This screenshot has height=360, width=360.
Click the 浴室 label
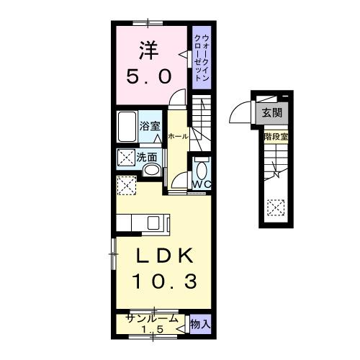(x=150, y=123)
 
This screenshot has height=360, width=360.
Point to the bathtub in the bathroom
(x=127, y=127)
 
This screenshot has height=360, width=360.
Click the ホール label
(x=179, y=136)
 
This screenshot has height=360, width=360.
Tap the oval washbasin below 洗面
(x=152, y=171)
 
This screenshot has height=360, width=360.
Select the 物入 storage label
(x=200, y=325)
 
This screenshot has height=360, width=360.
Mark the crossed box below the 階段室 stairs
(x=274, y=207)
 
